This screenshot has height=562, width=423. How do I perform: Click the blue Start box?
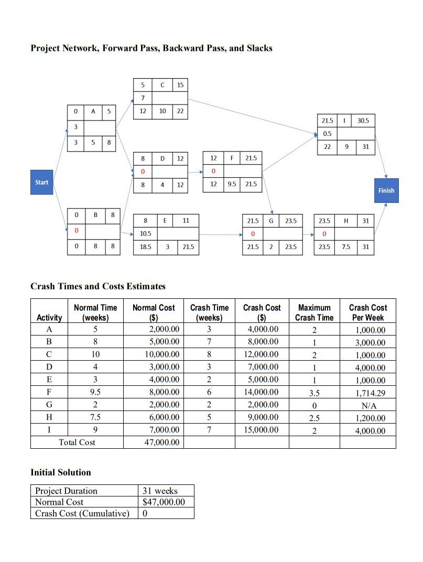41,182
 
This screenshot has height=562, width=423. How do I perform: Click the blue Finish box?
386,190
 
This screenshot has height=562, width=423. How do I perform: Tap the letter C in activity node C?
162,85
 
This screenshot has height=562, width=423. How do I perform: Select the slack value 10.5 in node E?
146,234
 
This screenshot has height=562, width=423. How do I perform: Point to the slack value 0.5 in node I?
327,134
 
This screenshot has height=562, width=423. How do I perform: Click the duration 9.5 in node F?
232,184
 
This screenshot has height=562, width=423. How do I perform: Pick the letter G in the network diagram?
271,221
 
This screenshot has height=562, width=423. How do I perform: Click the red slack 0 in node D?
143,172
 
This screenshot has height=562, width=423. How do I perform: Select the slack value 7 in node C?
143,98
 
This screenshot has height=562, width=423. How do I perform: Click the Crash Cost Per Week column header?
367,312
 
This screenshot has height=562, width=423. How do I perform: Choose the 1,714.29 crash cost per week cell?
370,393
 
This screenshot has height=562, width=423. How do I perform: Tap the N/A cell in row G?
370,405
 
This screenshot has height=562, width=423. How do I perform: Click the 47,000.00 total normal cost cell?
161,442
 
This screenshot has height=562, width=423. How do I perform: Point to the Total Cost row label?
77,442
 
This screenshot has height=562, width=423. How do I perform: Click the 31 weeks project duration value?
160,491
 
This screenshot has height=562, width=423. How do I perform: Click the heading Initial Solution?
61,472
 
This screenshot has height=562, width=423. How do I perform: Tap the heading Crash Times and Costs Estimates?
98,286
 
